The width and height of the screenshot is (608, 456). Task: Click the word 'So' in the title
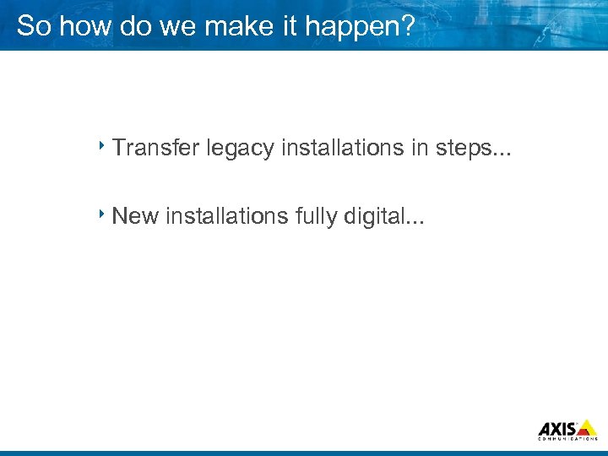(32, 26)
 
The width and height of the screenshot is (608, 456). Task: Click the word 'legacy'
(247, 149)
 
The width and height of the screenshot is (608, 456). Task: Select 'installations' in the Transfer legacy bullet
(343, 148)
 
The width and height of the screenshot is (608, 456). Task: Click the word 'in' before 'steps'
(420, 148)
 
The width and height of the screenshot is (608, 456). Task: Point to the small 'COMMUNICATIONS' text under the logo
(567, 439)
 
